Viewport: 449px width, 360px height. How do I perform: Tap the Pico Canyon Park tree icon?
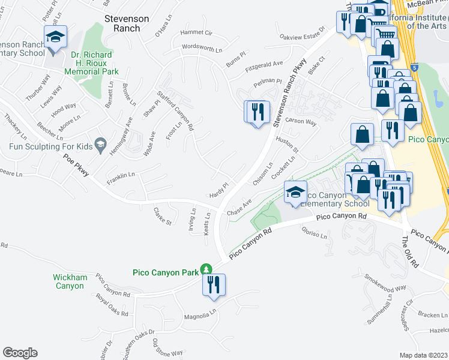[206, 269]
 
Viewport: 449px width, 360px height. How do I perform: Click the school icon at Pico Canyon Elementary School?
[295, 193]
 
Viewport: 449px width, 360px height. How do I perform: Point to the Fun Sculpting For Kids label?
[50, 146]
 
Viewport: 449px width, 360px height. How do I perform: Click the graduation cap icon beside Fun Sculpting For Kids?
[101, 145]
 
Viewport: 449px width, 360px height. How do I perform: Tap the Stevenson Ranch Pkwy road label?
[286, 94]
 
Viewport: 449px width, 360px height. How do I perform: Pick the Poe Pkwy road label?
[76, 165]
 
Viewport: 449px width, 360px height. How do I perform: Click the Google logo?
[20, 352]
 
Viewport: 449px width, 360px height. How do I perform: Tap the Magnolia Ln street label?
[200, 315]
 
